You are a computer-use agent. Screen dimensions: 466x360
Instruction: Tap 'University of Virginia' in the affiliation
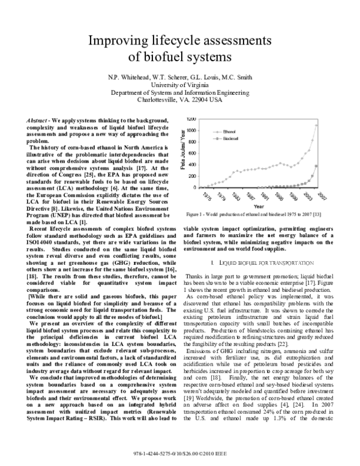(179, 85)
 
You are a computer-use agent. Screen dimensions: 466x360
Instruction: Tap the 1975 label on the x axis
(206, 196)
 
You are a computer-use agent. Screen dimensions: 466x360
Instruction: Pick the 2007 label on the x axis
(322, 196)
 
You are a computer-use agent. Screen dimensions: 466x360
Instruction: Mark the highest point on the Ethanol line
(317, 125)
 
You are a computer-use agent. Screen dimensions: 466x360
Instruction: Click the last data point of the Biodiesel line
(317, 166)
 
